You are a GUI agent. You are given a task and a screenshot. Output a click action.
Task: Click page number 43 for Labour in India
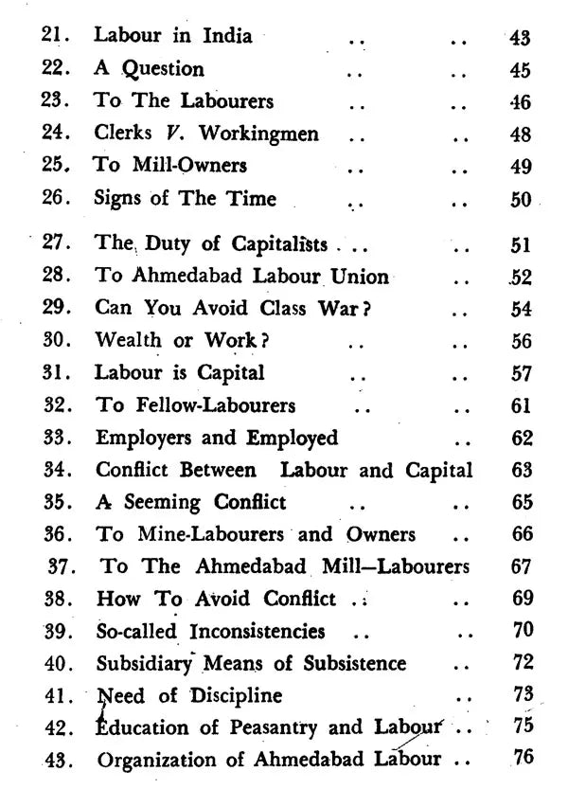pos(520,39)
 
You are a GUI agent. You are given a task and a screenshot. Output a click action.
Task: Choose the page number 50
pos(521,199)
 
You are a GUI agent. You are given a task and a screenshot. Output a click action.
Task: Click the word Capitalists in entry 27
pos(280,243)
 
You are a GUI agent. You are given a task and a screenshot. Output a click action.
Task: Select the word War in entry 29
pos(324,310)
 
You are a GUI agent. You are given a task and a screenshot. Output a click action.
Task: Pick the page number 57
pos(522,373)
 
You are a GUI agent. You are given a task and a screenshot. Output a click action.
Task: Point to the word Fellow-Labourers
pos(208,405)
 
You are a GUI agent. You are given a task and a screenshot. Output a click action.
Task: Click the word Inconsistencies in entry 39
pos(258,631)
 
